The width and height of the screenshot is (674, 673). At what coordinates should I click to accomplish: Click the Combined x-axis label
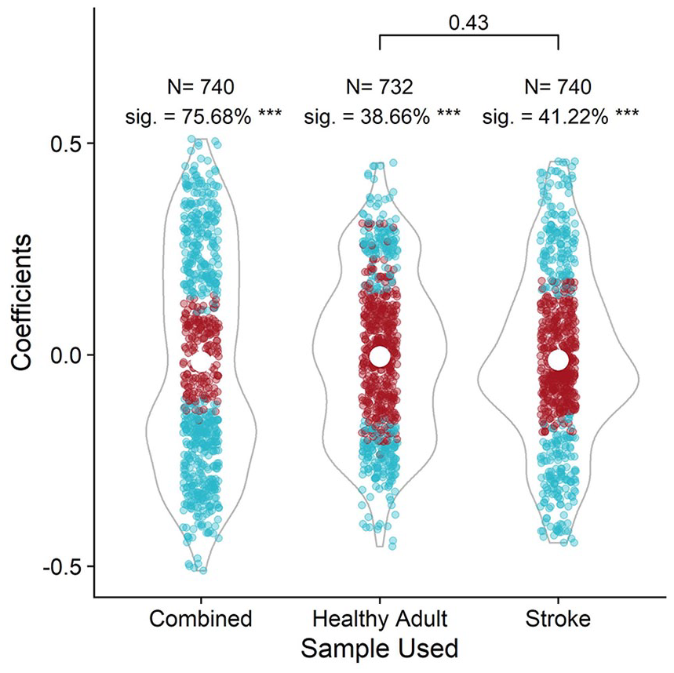click(x=201, y=619)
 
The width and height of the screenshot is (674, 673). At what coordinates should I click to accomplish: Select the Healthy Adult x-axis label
click(x=380, y=620)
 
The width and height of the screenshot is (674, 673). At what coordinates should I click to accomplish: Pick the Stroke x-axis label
click(x=558, y=619)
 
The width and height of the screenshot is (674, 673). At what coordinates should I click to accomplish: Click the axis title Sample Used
click(x=380, y=649)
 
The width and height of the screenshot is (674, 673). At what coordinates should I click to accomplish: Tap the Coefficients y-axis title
click(x=21, y=302)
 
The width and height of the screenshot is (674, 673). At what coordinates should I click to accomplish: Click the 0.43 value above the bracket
click(x=468, y=23)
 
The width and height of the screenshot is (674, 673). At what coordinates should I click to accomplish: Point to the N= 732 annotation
click(x=380, y=87)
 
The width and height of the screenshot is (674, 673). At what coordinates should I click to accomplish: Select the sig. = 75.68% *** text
click(x=203, y=116)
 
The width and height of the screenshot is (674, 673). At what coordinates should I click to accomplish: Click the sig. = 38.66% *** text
click(x=382, y=116)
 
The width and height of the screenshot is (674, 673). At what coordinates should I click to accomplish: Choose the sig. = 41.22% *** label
click(x=560, y=116)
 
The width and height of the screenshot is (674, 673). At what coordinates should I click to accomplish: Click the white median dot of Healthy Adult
click(x=380, y=356)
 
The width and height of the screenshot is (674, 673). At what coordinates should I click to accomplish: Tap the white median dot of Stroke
click(x=558, y=360)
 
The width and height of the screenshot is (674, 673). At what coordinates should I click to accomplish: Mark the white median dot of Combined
click(x=201, y=362)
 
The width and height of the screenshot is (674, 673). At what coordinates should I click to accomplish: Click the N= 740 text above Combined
click(x=201, y=87)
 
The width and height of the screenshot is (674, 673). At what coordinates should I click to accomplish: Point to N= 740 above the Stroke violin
click(x=558, y=87)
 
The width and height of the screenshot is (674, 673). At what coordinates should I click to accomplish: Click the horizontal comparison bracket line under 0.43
click(x=469, y=35)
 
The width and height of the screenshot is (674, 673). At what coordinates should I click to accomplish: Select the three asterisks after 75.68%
click(x=270, y=114)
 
